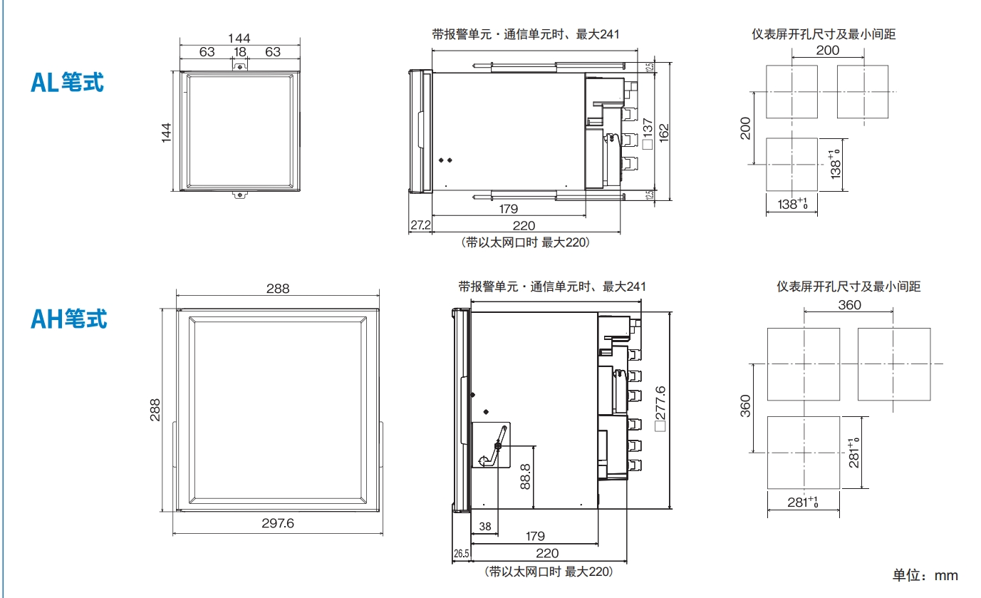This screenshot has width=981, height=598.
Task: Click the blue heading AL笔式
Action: click(67, 83)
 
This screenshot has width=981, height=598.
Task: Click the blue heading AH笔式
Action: click(68, 319)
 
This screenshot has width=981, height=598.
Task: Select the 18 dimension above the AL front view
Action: click(240, 52)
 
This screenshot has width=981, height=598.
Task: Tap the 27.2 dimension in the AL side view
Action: click(420, 225)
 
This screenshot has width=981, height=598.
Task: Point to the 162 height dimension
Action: click(663, 132)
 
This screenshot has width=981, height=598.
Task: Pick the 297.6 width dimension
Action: click(278, 523)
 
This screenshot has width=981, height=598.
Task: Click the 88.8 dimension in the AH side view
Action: click(525, 477)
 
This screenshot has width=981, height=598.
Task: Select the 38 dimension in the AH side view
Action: click(484, 527)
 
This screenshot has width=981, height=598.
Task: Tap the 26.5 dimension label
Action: click(461, 554)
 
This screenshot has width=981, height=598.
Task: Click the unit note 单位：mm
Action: click(925, 575)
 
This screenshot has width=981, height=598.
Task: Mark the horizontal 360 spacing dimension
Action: click(849, 305)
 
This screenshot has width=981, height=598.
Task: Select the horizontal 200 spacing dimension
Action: click(827, 51)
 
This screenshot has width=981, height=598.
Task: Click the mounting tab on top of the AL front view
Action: click(240, 66)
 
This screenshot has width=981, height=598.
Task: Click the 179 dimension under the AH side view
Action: click(534, 536)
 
